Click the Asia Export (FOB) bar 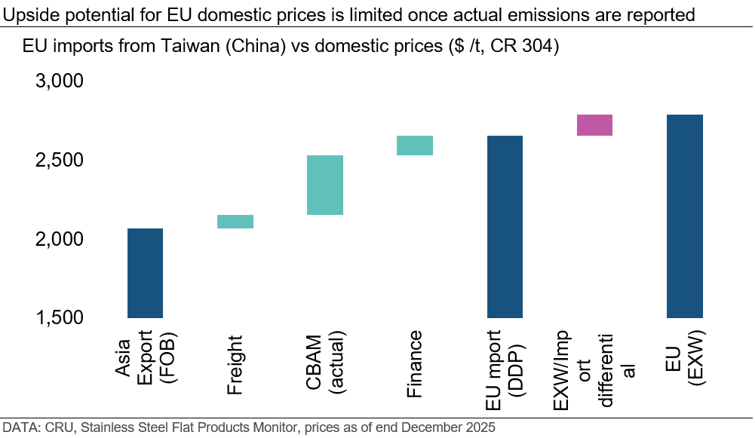[x=145, y=272]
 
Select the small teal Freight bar [x=235, y=221]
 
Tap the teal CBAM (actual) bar [x=325, y=185]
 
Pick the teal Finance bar [x=415, y=145]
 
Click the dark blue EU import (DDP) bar [x=505, y=226]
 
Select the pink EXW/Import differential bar [x=594, y=125]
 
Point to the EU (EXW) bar [x=685, y=216]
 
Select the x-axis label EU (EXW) [x=685, y=359]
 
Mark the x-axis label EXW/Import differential [x=594, y=369]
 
